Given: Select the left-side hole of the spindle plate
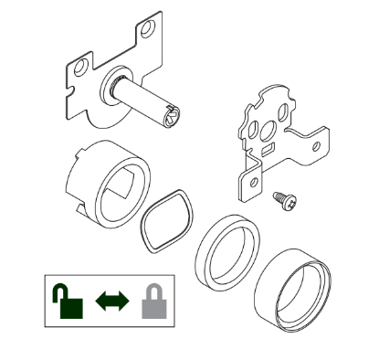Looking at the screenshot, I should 82,67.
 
